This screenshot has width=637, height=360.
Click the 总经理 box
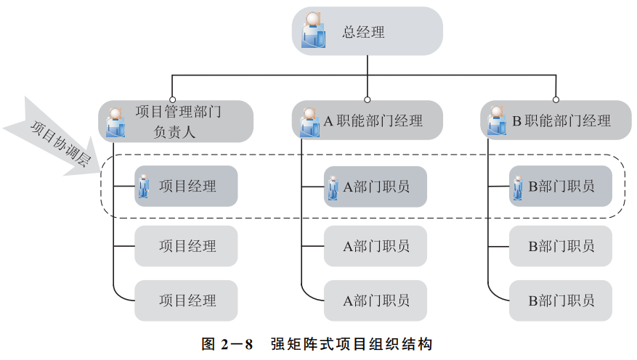coord(368,31)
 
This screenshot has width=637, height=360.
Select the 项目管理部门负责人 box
coord(177,121)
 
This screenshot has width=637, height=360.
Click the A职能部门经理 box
coord(368,120)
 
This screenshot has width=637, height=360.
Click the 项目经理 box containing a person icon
coord(186,187)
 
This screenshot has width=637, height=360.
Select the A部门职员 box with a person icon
coord(375,187)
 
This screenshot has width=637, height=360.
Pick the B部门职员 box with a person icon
coord(560,187)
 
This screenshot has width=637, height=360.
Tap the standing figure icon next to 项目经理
coord(145,187)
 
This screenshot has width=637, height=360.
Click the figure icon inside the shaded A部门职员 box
coord(333,187)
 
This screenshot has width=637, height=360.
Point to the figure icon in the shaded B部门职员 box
coord(519,187)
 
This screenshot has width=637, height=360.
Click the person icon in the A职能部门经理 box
coord(309,121)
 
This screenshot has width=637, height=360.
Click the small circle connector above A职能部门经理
coord(368,99)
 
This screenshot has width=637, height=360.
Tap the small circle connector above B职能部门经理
coord(556,99)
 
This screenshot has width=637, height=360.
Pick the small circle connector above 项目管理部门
coord(172,99)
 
